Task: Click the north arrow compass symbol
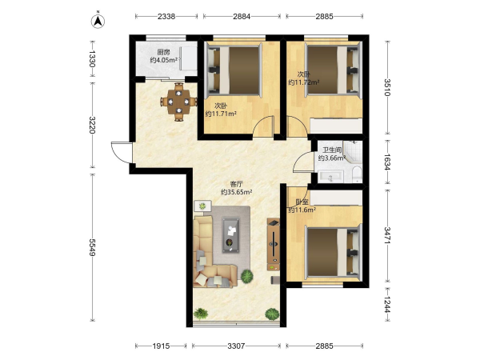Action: pyautogui.click(x=98, y=21)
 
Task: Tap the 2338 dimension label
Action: pyautogui.click(x=166, y=16)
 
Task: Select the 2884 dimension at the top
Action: pyautogui.click(x=242, y=16)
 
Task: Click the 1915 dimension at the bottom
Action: pyautogui.click(x=161, y=346)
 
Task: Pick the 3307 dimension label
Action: pyautogui.click(x=236, y=346)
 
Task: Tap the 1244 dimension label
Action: pyautogui.click(x=387, y=305)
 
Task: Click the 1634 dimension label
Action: pyautogui.click(x=387, y=162)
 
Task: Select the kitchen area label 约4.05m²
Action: pyautogui.click(x=164, y=60)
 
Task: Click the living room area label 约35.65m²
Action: pyautogui.click(x=236, y=192)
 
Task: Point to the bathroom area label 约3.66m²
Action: pyautogui.click(x=332, y=158)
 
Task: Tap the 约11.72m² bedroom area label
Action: pyautogui.click(x=304, y=82)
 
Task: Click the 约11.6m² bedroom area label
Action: pyautogui.click(x=302, y=210)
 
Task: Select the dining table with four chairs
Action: pyautogui.click(x=178, y=102)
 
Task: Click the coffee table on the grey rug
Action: pyautogui.click(x=231, y=234)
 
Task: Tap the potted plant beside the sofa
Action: pyautogui.click(x=246, y=277)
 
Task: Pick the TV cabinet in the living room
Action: pyautogui.click(x=273, y=244)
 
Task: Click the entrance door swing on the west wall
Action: pyautogui.click(x=122, y=153)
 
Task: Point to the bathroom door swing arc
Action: pyautogui.click(x=302, y=162)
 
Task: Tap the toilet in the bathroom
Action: pyautogui.click(x=357, y=174)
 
